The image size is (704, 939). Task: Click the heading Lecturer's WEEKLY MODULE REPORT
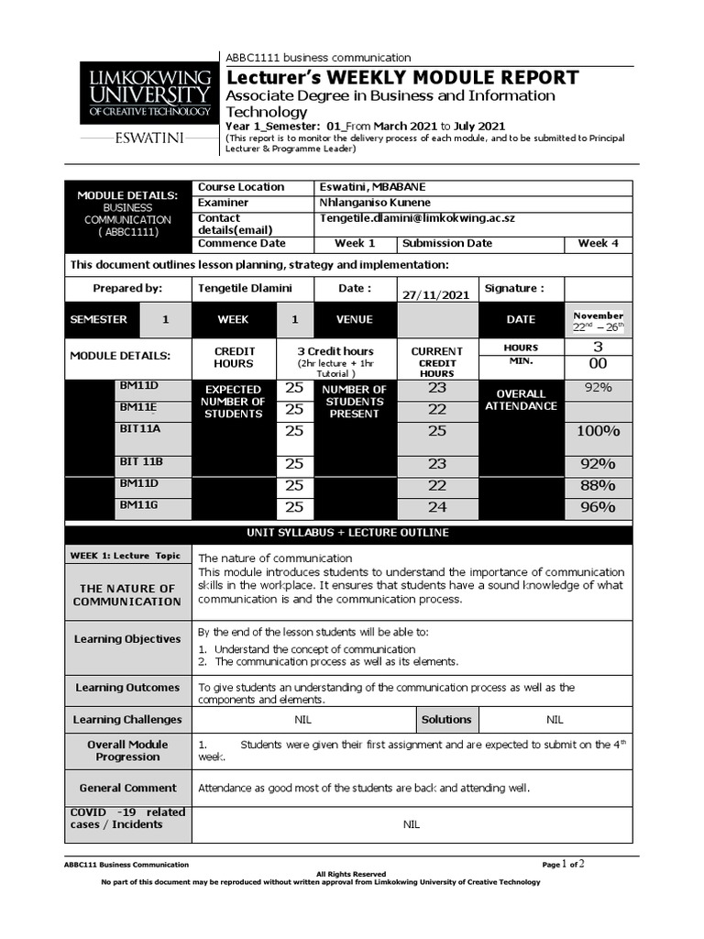pyautogui.click(x=402, y=77)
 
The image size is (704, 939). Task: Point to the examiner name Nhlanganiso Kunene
pyautogui.click(x=374, y=203)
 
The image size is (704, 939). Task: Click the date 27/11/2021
pyautogui.click(x=436, y=294)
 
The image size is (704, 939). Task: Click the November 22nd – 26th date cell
pyautogui.click(x=598, y=321)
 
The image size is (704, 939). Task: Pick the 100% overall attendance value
pyautogui.click(x=598, y=431)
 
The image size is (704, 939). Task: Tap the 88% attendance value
pyautogui.click(x=598, y=485)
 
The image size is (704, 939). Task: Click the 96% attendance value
pyautogui.click(x=598, y=507)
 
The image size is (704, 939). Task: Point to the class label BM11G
pyautogui.click(x=137, y=504)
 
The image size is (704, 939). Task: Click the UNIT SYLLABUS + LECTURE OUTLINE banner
pyautogui.click(x=347, y=533)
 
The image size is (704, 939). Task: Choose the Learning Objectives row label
pyautogui.click(x=127, y=639)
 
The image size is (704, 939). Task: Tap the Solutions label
pyautogui.click(x=446, y=720)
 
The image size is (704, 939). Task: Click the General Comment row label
pyautogui.click(x=127, y=788)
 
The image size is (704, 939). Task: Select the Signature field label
pyautogui.click(x=513, y=288)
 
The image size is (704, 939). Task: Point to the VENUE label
pyautogui.click(x=354, y=320)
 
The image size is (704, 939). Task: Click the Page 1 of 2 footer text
pyautogui.click(x=563, y=864)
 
